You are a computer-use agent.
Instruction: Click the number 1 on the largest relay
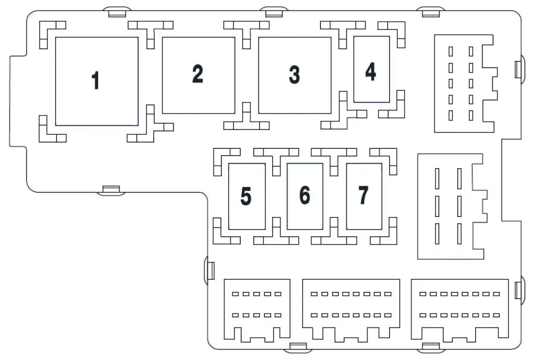click(x=95, y=80)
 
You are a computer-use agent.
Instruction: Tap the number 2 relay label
click(x=198, y=73)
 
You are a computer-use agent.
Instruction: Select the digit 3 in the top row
click(x=294, y=74)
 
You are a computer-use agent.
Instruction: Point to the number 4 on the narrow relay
click(x=371, y=71)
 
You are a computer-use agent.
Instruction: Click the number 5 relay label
click(x=246, y=196)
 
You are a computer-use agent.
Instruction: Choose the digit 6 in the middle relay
click(x=305, y=195)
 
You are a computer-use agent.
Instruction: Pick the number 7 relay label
click(x=363, y=195)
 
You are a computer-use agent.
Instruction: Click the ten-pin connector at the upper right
click(x=466, y=83)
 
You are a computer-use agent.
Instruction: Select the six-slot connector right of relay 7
click(x=452, y=206)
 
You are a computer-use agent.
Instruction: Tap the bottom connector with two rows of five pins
click(x=257, y=310)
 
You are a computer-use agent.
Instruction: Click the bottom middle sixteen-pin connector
click(x=351, y=310)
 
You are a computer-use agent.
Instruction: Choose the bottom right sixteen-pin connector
click(x=460, y=310)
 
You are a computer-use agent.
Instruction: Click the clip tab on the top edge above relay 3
click(x=274, y=12)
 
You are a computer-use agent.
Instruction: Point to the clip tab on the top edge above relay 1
click(x=117, y=12)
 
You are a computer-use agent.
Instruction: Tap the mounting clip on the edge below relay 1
click(x=111, y=190)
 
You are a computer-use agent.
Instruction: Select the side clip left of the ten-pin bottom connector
click(x=209, y=270)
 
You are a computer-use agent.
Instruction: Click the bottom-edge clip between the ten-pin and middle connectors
click(x=298, y=347)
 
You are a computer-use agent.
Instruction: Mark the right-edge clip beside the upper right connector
click(x=520, y=69)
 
